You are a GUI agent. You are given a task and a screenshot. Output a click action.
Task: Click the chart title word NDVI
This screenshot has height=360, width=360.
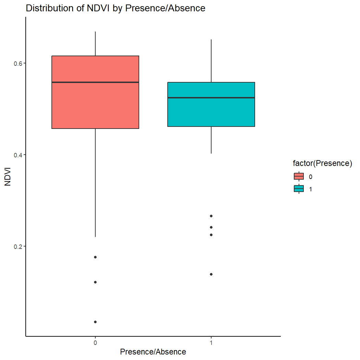pos(100,9)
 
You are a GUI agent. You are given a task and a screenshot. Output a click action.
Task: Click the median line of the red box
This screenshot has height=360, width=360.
pos(95,82)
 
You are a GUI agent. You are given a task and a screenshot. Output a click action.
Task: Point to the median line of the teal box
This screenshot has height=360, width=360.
pos(211,98)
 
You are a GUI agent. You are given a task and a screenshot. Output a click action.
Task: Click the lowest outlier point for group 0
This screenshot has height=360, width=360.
pos(95,322)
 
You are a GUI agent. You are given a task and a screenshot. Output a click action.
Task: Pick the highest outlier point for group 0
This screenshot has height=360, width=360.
pos(95,257)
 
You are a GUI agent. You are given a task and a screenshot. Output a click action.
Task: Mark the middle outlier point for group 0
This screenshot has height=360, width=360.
pos(95,282)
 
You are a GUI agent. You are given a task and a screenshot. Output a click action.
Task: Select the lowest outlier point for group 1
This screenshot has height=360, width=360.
pos(211,274)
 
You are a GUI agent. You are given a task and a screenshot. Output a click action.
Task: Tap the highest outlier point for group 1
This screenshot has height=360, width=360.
pos(211,216)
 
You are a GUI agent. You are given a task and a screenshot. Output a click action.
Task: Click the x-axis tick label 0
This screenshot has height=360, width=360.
pos(95,343)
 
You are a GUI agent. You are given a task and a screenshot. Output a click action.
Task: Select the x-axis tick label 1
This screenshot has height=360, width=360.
pos(211,343)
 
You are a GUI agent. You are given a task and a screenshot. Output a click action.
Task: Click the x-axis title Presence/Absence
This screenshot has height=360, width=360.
pos(153,352)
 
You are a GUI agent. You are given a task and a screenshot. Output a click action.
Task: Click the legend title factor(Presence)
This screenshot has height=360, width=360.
pos(322,164)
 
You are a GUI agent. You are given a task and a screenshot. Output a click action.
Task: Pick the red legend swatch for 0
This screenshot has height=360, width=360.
pos(299,177)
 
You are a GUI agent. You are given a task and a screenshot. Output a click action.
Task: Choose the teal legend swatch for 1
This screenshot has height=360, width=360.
pos(299,189)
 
